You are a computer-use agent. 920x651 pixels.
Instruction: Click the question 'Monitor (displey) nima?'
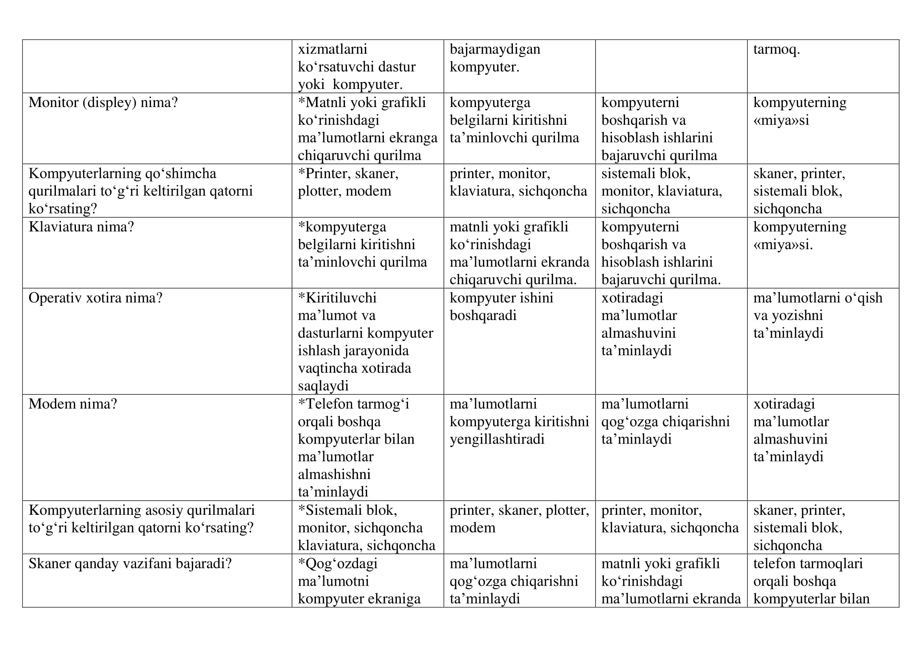103,103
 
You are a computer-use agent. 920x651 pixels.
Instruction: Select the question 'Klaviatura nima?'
81,227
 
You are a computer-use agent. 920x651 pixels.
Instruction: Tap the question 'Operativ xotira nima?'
95,298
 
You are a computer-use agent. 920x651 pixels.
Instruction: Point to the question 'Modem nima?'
72,404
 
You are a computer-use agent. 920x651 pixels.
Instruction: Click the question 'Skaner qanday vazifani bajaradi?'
130,564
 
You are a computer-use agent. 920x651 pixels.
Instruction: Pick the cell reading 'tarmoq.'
776,49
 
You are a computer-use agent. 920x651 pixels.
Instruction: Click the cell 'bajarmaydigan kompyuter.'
494,58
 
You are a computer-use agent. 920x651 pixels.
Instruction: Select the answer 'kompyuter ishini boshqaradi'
501,307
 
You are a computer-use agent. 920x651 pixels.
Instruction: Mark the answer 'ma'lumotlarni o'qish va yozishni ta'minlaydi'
817,316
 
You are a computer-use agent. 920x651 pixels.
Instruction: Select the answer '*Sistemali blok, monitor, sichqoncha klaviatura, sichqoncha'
366,527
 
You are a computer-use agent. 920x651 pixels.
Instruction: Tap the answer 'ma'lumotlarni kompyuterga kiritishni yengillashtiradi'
519,421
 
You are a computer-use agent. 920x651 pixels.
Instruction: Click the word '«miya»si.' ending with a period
783,244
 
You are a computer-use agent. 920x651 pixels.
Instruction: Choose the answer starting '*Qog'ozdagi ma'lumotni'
359,581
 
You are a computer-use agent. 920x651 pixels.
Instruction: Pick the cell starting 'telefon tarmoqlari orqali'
811,581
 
